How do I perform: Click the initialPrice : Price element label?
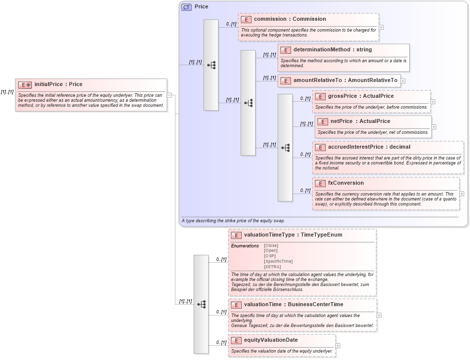(x=58, y=84)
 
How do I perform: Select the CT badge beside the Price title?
(x=186, y=7)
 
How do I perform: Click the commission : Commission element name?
(x=290, y=19)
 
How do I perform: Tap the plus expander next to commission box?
(x=381, y=27)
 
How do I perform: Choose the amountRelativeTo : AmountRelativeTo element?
(x=345, y=80)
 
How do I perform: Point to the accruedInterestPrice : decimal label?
(x=369, y=147)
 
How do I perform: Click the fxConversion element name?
(x=345, y=183)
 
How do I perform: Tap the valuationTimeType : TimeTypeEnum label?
(x=293, y=235)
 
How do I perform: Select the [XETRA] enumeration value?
(x=272, y=267)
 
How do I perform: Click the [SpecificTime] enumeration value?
(x=278, y=261)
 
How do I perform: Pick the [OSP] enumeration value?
(x=270, y=256)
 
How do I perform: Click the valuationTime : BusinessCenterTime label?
(x=293, y=305)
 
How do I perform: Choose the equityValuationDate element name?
(x=270, y=340)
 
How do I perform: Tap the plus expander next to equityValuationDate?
(x=338, y=346)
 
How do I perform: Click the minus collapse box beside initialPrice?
(x=169, y=95)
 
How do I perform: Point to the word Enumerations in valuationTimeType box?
(x=245, y=245)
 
